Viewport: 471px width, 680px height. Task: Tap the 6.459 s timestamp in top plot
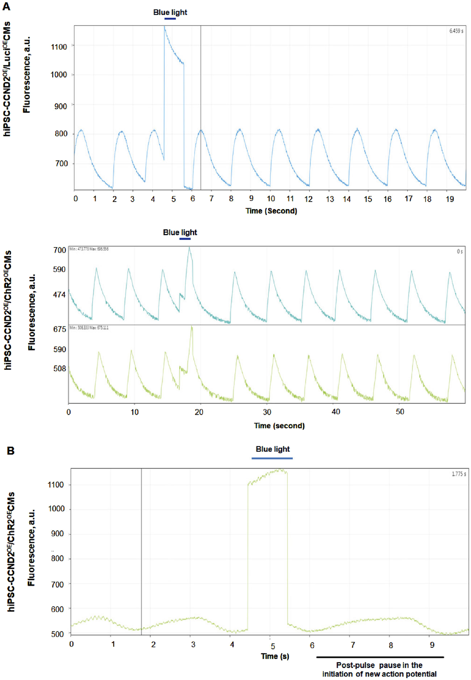point(456,31)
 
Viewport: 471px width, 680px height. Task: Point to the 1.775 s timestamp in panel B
point(459,474)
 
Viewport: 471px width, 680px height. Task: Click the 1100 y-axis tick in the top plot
point(59,47)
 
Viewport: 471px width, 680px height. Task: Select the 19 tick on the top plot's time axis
point(450,199)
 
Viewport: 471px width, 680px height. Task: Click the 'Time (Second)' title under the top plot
point(271,211)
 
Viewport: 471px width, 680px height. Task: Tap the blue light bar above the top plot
point(170,19)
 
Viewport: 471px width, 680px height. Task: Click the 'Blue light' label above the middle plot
point(180,233)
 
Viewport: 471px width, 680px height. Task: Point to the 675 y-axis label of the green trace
point(59,329)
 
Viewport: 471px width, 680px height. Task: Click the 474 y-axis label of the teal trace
point(59,295)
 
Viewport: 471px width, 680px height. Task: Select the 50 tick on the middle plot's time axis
point(400,412)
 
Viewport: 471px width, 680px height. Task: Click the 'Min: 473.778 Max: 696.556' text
point(89,249)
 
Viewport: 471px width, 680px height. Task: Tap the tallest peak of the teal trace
point(189,248)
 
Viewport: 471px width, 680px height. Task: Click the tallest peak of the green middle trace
point(192,327)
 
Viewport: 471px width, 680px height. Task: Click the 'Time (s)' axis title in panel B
point(275,656)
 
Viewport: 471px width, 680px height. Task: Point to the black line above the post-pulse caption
point(380,657)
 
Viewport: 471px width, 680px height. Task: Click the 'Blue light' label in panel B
point(272,449)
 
